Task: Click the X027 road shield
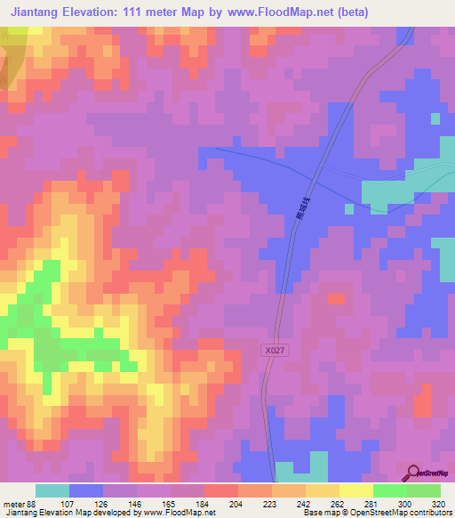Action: [275, 352]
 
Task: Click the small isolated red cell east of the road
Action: [337, 299]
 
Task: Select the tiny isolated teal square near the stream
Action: [349, 209]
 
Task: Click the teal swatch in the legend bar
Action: [52, 490]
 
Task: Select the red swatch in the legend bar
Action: [221, 490]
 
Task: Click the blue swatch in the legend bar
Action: [86, 490]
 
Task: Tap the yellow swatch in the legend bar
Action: [356, 490]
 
